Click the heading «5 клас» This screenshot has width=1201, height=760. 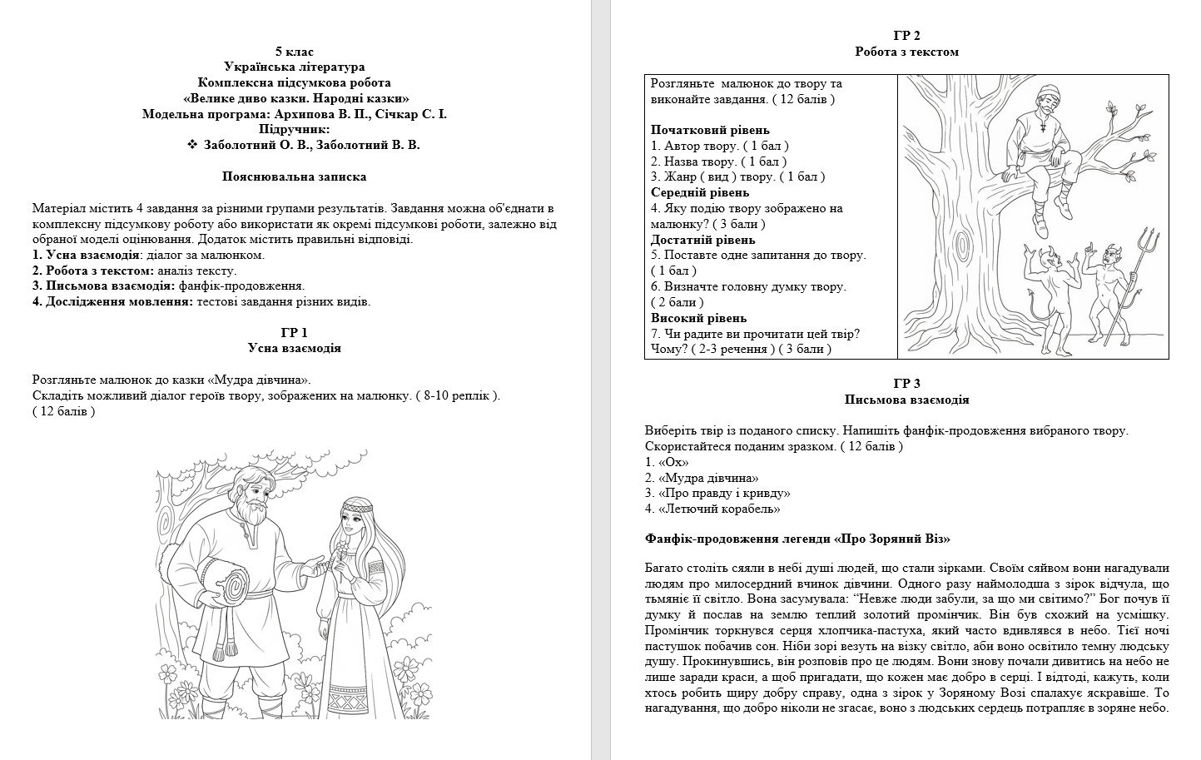(x=295, y=51)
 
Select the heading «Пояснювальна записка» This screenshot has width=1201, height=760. (x=295, y=176)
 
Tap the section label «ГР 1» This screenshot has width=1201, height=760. (x=295, y=332)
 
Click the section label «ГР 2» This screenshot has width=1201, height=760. (x=906, y=36)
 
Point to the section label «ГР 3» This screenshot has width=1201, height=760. (x=906, y=384)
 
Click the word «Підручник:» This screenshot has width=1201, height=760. (x=295, y=129)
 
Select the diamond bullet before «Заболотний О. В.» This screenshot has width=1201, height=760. (x=192, y=145)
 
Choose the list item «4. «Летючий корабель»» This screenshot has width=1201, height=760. (x=712, y=509)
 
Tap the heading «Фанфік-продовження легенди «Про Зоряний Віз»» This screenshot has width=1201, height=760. (x=797, y=539)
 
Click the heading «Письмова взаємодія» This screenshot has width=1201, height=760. (x=906, y=400)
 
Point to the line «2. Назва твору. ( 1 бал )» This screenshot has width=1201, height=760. (x=719, y=161)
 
